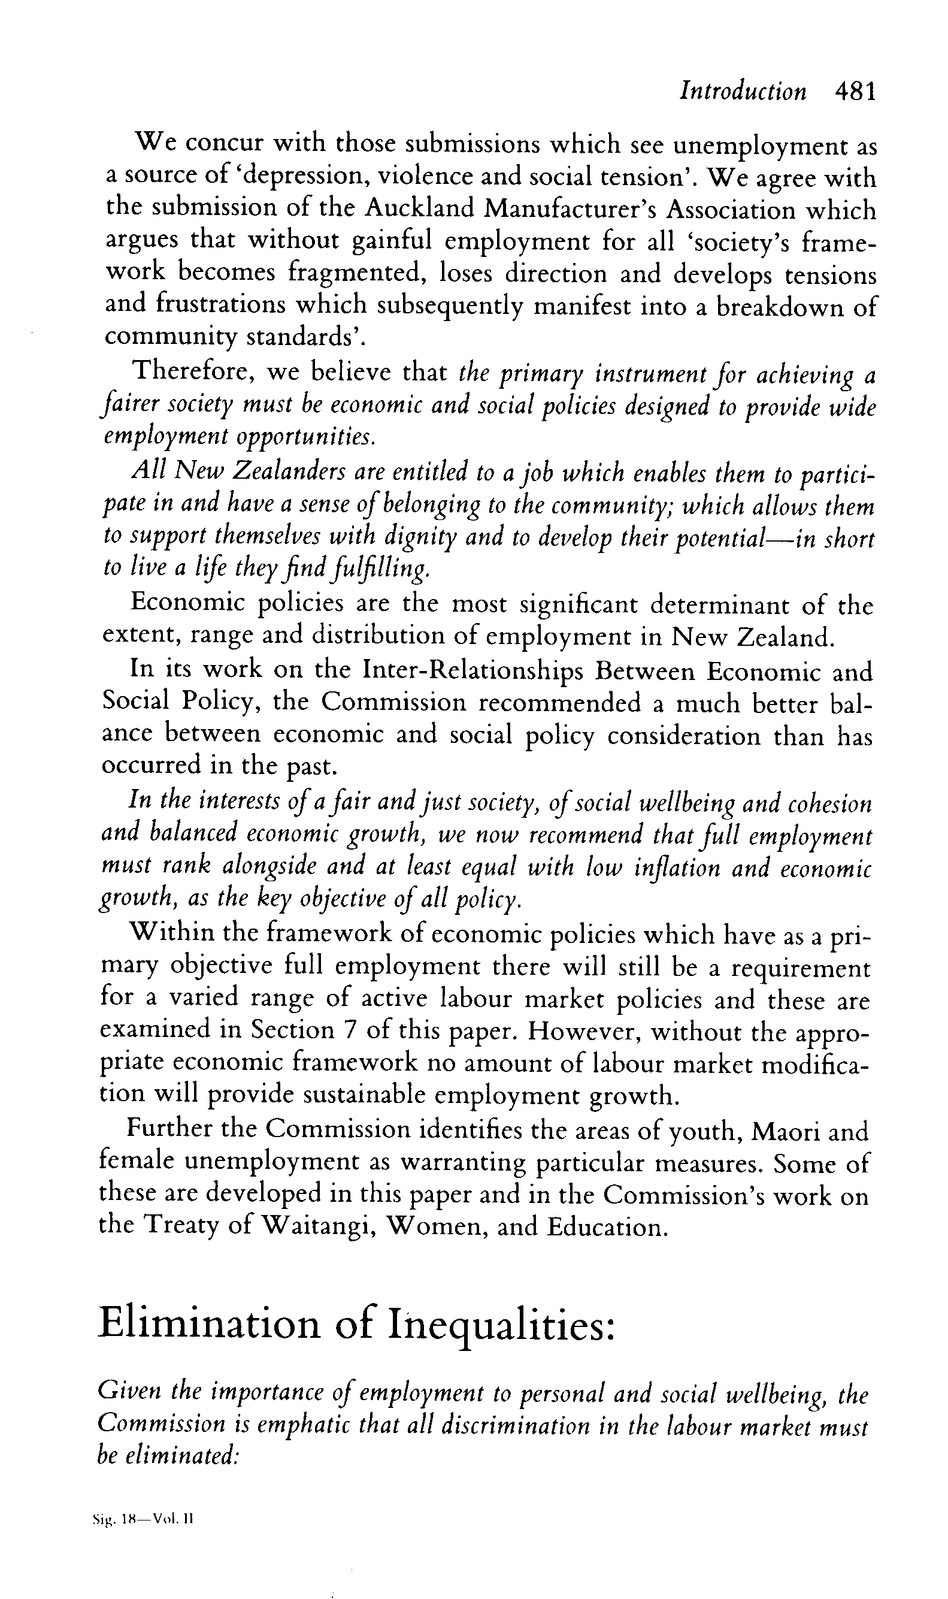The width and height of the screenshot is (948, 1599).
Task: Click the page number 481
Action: [855, 92]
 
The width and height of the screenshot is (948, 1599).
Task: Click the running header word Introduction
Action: [743, 92]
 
